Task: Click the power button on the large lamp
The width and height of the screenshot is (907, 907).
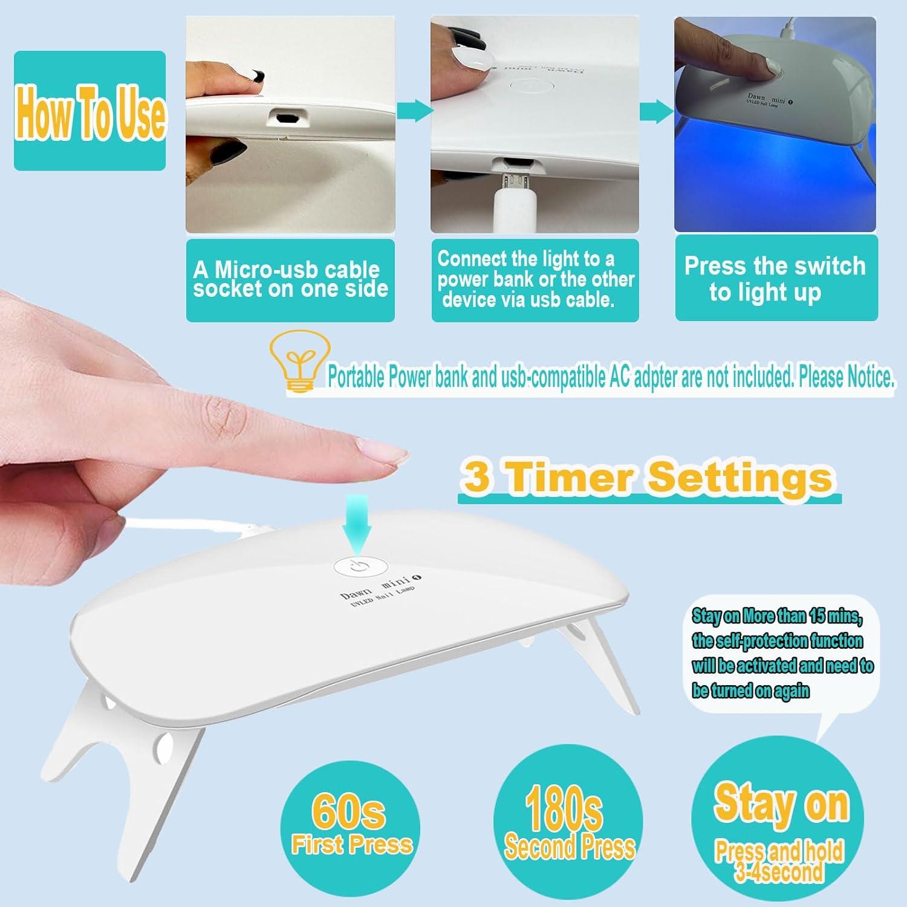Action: coord(356,567)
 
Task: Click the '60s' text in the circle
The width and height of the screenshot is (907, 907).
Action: coord(349,811)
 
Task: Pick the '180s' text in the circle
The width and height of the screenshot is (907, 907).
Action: coord(564,808)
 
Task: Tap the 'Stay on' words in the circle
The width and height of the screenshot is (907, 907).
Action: coord(782,804)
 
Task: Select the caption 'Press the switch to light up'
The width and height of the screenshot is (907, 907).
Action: coord(775,279)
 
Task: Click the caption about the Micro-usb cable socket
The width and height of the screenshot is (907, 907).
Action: coord(290,279)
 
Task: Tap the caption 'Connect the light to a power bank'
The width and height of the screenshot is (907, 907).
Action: coord(535,279)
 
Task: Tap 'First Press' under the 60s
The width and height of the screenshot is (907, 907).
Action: coord(351,844)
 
